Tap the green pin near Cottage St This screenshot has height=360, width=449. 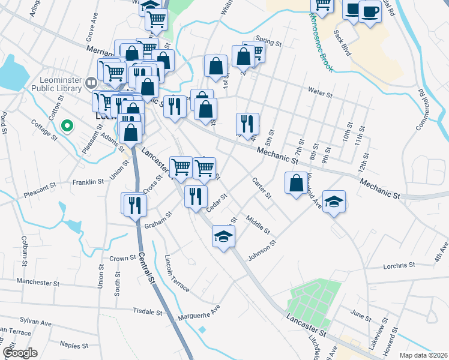tap(67, 127)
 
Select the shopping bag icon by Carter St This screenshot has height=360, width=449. tap(297, 184)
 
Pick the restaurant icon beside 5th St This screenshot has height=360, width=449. tap(247, 124)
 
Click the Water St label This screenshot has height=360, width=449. tap(320, 93)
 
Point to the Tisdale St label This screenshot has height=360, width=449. tap(148, 312)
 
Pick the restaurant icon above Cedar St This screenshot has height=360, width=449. tap(196, 196)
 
